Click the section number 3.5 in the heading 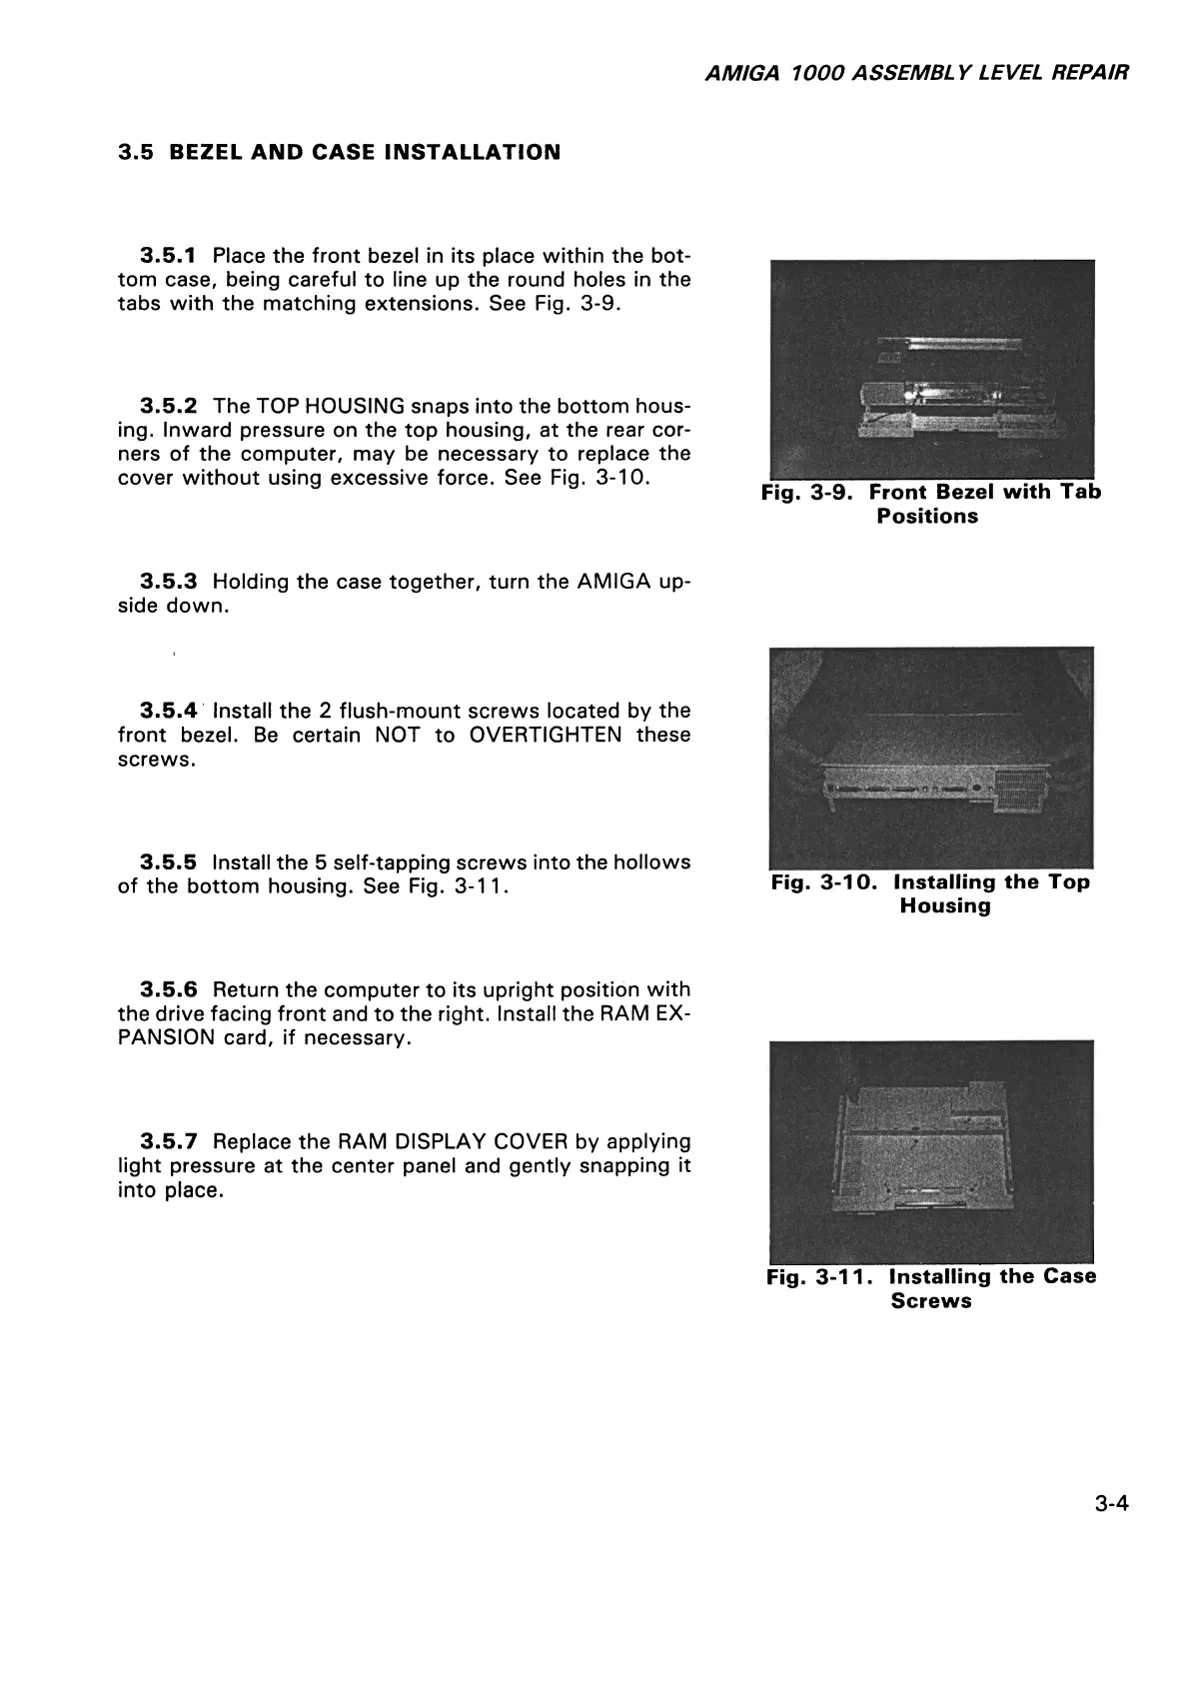135,152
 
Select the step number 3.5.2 169,406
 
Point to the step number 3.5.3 169,582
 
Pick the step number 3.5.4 169,711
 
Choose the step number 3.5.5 169,861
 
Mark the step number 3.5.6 169,989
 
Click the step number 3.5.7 169,1141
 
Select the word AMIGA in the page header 737,73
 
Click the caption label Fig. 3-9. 810,493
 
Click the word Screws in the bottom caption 930,1301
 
